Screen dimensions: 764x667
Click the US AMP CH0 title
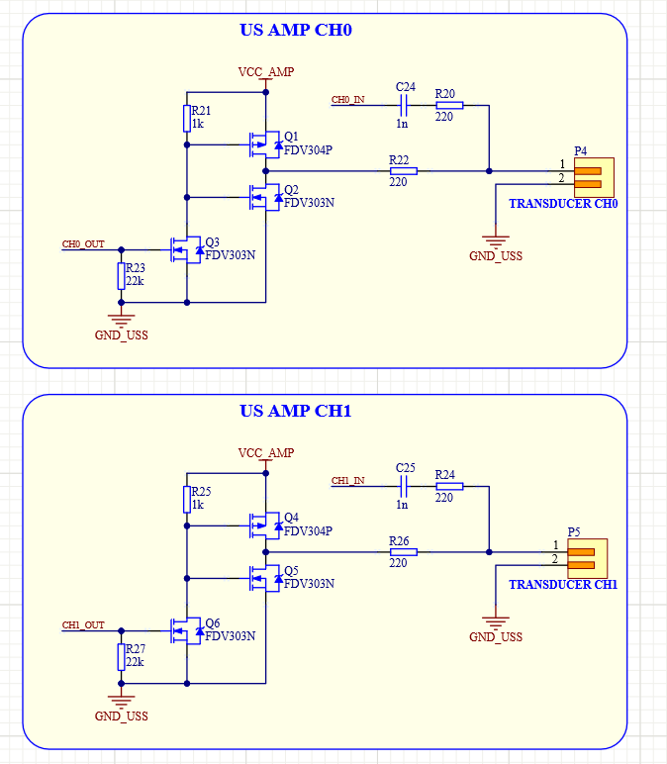click(x=296, y=30)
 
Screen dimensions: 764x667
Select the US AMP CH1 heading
click(x=296, y=411)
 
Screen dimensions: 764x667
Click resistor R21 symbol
click(x=187, y=119)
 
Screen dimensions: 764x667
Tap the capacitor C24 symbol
click(x=403, y=102)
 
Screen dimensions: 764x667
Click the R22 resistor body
click(x=403, y=170)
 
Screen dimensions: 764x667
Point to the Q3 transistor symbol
click(x=186, y=249)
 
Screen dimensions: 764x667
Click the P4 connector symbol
click(x=587, y=175)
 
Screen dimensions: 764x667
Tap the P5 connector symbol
click(x=581, y=557)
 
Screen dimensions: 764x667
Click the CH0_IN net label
click(x=347, y=100)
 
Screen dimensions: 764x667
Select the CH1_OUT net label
click(x=83, y=625)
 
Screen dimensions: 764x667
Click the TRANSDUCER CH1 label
click(x=563, y=585)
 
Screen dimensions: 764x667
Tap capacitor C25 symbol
click(x=403, y=485)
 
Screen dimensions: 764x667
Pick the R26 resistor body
click(x=403, y=552)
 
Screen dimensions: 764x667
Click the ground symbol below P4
click(x=495, y=240)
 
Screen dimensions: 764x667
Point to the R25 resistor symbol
click(x=187, y=500)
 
